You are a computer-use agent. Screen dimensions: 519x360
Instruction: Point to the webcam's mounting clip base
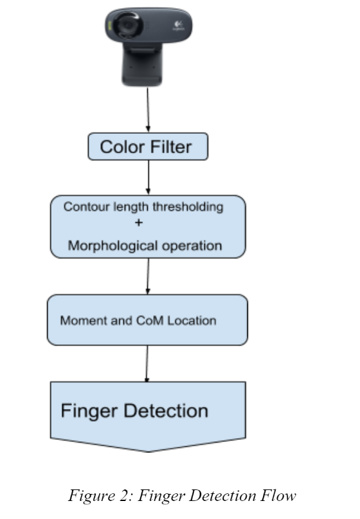[x=148, y=68]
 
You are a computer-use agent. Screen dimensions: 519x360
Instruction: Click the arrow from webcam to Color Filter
[x=148, y=109]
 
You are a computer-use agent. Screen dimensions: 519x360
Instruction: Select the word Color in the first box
[x=121, y=147]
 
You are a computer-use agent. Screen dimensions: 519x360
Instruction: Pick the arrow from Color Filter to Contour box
[x=148, y=178]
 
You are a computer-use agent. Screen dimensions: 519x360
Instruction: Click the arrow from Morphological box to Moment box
[x=148, y=276]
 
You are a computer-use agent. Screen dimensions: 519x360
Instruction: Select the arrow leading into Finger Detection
[x=148, y=363]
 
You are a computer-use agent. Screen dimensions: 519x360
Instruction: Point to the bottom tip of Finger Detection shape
[x=148, y=451]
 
